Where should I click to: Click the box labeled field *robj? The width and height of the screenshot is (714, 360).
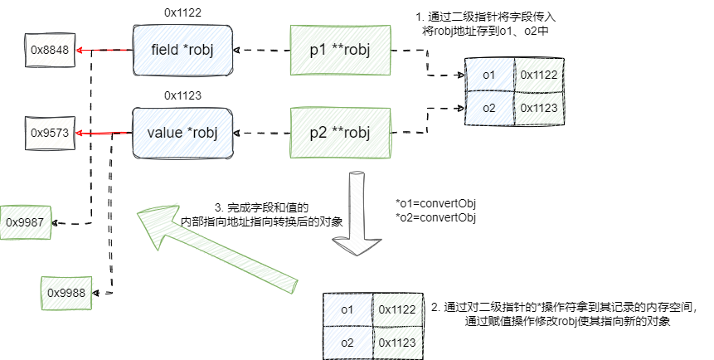182,51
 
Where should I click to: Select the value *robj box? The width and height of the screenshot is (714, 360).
182,132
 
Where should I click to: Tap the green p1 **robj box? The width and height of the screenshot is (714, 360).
340,51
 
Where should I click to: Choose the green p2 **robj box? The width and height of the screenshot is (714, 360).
340,132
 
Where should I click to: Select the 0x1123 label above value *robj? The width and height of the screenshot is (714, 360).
182,95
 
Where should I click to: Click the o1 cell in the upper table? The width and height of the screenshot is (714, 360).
488,75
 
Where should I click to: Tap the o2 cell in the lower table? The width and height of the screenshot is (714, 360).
347,342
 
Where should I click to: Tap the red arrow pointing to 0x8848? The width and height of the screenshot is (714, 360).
104,51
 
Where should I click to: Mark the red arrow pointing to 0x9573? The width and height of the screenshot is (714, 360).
104,132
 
